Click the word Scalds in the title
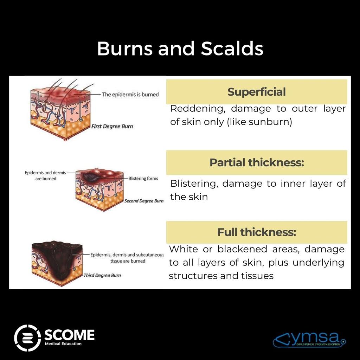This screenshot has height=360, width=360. coord(232,49)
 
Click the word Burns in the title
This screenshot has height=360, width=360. coord(124,49)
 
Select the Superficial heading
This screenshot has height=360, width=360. coord(256,92)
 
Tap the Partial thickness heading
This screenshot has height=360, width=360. coord(257,163)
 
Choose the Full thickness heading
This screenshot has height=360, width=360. coord(257,232)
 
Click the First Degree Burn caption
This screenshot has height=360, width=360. coord(112,126)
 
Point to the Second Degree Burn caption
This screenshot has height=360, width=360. coord(144,201)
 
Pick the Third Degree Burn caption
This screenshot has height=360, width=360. coord(102,275)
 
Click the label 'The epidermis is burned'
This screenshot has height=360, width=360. coord(130,94)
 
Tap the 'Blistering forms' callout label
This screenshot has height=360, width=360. coord(143,179)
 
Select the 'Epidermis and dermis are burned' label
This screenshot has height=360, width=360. coord(40,176)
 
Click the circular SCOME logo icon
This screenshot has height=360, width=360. coord(28,338)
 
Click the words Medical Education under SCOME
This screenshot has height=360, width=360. coord(63,343)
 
